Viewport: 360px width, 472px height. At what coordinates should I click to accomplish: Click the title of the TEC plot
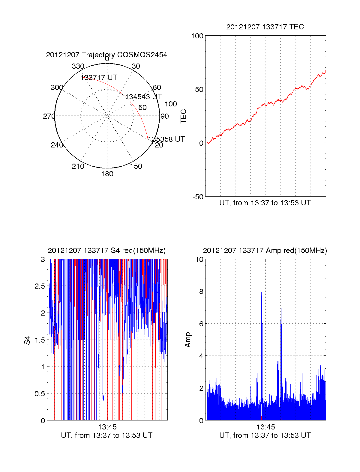(265, 27)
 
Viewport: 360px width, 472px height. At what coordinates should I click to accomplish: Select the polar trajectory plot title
(106, 55)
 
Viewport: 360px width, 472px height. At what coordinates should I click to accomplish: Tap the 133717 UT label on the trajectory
(99, 78)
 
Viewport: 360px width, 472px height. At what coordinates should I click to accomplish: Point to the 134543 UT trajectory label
(143, 97)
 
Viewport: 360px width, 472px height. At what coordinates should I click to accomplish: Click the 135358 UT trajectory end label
(166, 139)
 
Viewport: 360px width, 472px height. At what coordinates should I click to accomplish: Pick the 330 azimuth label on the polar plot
(78, 66)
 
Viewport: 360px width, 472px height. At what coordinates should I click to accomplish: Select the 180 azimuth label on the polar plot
(107, 174)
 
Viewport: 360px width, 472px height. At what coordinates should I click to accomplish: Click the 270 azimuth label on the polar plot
(49, 116)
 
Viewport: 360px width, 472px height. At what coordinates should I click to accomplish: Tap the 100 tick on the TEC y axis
(197, 36)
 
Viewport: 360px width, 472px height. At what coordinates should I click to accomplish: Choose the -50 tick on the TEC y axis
(198, 197)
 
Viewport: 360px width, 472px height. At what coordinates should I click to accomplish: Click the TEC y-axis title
(183, 116)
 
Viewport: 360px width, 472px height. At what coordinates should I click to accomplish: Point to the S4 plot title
(106, 251)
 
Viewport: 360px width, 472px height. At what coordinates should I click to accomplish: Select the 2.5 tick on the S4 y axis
(40, 286)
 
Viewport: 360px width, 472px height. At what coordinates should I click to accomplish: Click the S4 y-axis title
(27, 340)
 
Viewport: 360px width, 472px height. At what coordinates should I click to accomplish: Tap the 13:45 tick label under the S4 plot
(107, 427)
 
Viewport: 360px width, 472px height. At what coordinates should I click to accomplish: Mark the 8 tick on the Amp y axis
(201, 292)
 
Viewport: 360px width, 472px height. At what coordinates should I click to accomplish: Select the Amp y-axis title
(188, 340)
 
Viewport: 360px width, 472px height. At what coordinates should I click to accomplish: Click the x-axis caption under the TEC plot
(265, 203)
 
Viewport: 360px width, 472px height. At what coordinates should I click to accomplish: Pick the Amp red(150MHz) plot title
(265, 251)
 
